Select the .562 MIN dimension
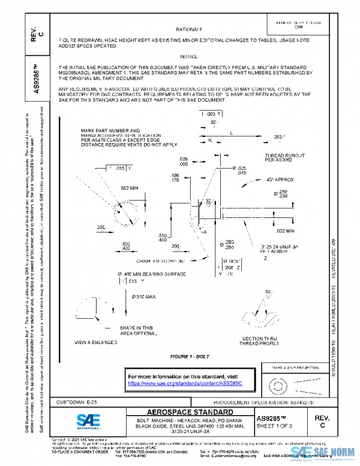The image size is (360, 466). [133, 189]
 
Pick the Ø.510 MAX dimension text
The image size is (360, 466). [143, 297]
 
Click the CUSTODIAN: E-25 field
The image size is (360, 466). [64, 401]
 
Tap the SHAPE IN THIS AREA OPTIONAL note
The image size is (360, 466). [139, 332]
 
